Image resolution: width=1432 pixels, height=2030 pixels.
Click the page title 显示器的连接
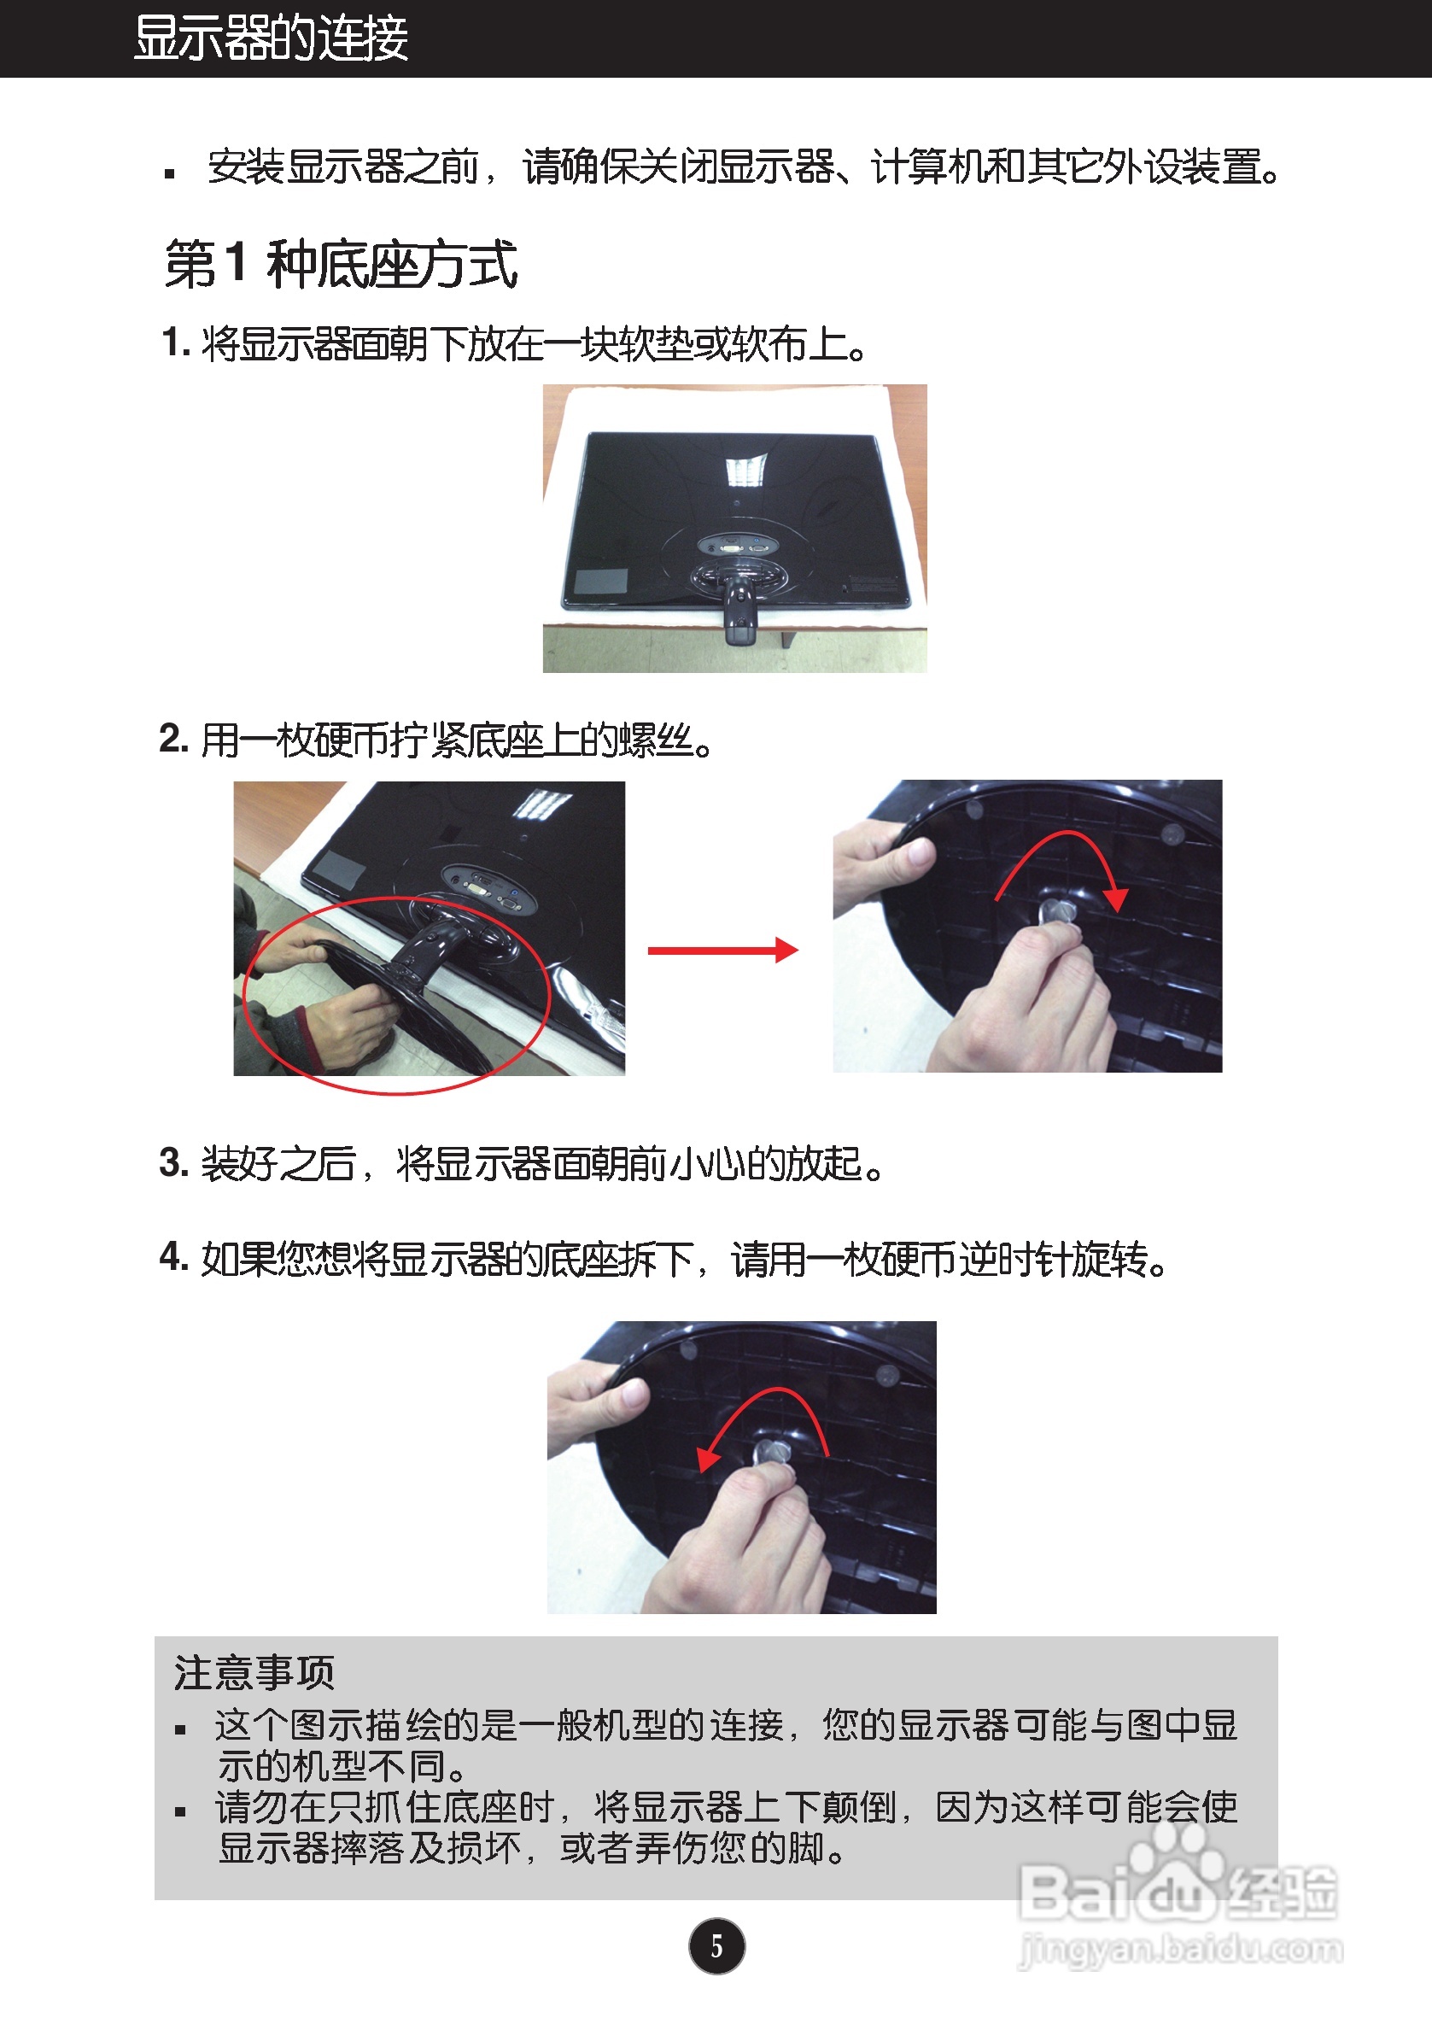coord(271,38)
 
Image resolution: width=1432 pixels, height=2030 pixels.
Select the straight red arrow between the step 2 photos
coord(723,951)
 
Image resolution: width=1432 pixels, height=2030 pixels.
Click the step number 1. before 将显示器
coord(175,342)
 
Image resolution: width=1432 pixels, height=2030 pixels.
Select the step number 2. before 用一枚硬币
coord(174,738)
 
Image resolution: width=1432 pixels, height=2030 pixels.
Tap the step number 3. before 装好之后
coord(174,1162)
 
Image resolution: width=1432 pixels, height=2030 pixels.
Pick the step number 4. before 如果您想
coord(174,1256)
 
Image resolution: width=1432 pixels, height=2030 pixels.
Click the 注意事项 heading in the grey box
coord(254,1672)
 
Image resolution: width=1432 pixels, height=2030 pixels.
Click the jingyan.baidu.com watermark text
coord(1181,1950)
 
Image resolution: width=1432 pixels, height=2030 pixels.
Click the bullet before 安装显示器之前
coord(170,173)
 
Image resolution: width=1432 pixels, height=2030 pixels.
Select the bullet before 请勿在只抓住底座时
coord(180,1811)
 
